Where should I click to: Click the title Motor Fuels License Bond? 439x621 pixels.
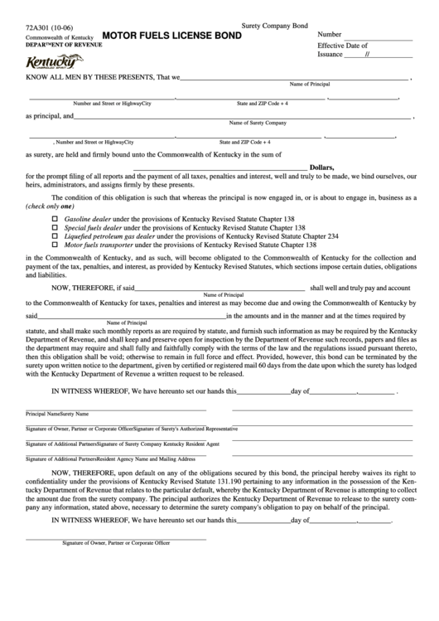(171, 36)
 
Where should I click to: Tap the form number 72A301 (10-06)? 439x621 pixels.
(47, 27)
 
